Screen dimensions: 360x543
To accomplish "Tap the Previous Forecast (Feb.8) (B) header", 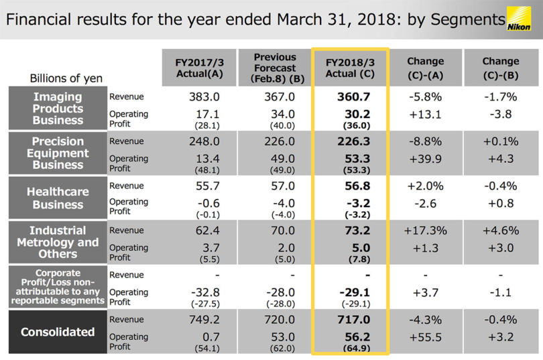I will pos(275,67).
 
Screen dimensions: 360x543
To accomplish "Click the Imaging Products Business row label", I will pos(58,109).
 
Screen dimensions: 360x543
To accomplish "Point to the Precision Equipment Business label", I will pos(58,153).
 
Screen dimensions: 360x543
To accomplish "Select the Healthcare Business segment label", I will pos(58,198).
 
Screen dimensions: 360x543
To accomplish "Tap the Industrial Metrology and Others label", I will pos(58,242).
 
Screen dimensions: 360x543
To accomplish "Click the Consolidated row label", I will pos(58,331).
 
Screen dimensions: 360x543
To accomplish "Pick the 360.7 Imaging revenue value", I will pos(353,97).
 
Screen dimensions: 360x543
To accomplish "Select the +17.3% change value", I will pos(425,231).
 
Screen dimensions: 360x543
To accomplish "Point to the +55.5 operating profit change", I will pos(425,337).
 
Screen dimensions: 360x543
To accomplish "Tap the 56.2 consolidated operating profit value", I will pos(353,337).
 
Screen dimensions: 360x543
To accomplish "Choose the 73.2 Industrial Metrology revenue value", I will pos(353,231).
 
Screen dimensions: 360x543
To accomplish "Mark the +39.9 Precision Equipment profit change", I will pos(425,158).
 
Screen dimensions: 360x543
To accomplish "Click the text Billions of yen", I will pos(66,78).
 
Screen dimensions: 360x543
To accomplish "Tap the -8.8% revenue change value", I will pos(425,141).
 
